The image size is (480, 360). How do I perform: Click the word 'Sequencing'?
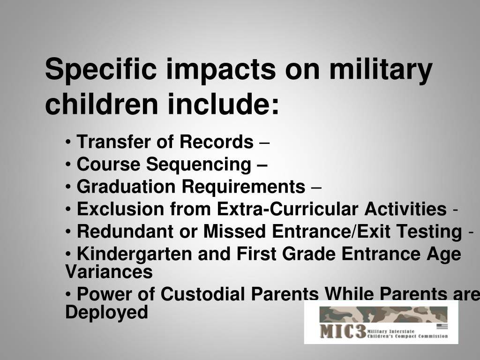pos(198,164)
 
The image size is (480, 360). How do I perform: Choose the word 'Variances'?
pos(109,271)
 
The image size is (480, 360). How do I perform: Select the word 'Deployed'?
pos(106,312)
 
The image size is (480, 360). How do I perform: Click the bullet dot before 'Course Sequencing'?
pos(68,165)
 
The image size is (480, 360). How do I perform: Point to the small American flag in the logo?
pos(442,326)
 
